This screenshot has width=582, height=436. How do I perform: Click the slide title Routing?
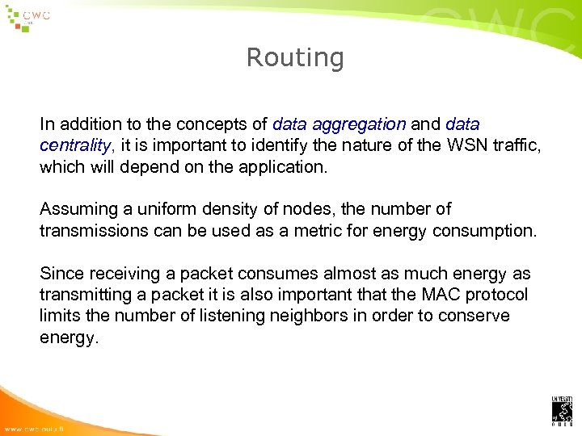[295, 58]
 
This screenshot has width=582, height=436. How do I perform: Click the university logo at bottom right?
[562, 410]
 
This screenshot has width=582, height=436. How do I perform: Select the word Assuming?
[78, 209]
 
